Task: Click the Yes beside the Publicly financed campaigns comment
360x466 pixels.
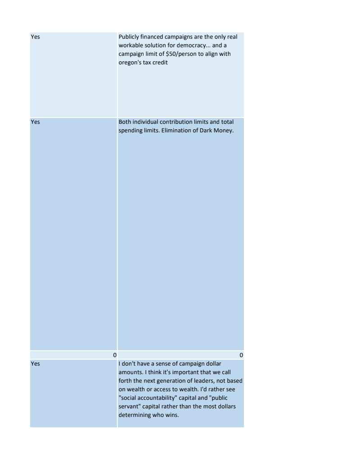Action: [35, 37]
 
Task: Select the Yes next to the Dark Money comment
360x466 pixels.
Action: [35, 122]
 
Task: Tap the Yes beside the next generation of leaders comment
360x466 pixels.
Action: [35, 363]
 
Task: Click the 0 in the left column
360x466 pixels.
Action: [115, 355]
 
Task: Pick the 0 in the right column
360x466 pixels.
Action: [242, 355]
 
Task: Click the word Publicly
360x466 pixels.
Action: [129, 37]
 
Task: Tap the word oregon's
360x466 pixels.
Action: [130, 63]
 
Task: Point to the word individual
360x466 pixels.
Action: [147, 122]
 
